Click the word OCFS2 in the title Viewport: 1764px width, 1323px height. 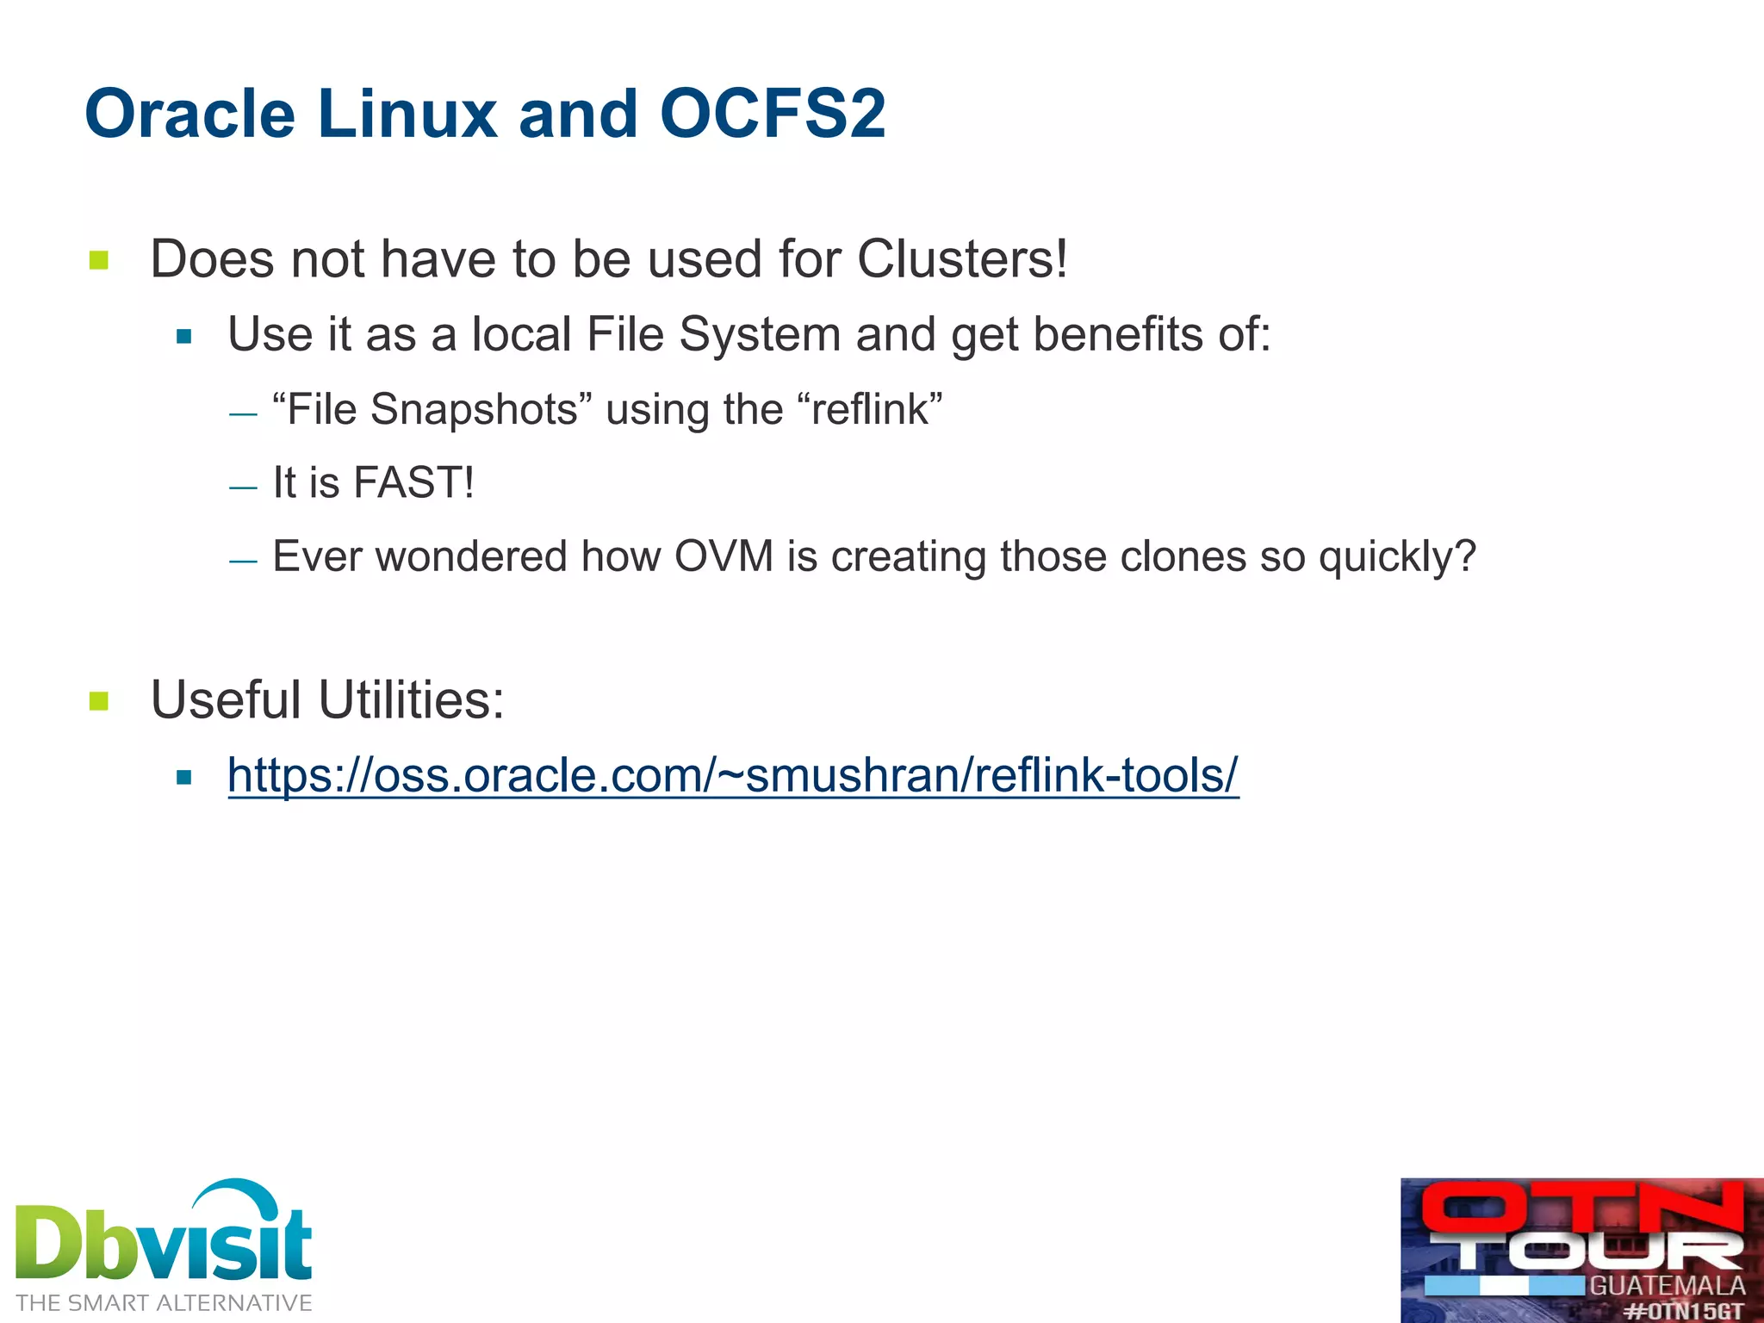point(773,114)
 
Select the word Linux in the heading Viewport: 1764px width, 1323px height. point(407,114)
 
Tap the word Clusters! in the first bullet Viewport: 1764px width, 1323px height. point(962,258)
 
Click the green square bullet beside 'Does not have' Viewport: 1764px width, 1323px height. point(99,260)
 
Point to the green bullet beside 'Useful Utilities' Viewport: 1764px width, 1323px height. point(99,701)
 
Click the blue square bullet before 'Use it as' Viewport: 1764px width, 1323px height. point(183,336)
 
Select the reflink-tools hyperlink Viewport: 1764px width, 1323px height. point(733,774)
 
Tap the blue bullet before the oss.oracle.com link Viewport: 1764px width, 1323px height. point(183,778)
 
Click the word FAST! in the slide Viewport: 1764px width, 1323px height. point(413,482)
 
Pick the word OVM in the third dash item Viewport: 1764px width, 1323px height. point(724,556)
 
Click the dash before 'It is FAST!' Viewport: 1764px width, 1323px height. point(243,488)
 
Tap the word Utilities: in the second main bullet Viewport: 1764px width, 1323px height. point(411,699)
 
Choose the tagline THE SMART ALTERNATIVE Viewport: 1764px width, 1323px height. point(164,1303)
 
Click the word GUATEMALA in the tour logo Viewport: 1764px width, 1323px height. point(1667,1286)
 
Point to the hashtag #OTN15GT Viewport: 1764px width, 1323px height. point(1684,1311)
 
